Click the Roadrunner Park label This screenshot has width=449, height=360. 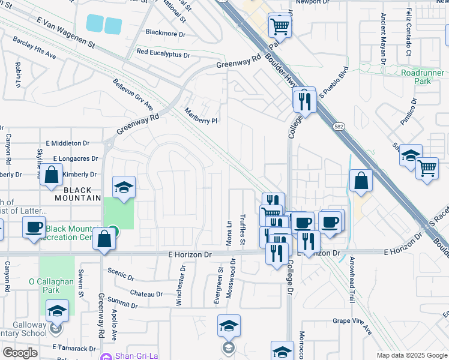[417, 77]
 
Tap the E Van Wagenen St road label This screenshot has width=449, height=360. [66, 33]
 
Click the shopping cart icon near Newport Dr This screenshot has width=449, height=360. [280, 26]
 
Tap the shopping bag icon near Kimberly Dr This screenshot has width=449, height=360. [52, 175]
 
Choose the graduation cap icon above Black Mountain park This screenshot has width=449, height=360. [124, 188]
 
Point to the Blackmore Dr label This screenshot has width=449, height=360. [166, 32]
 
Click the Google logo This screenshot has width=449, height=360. [20, 352]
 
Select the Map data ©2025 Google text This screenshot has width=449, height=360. [411, 355]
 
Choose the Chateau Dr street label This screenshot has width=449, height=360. [146, 294]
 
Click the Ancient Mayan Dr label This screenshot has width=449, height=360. [382, 42]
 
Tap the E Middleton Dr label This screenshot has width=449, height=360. [70, 143]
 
